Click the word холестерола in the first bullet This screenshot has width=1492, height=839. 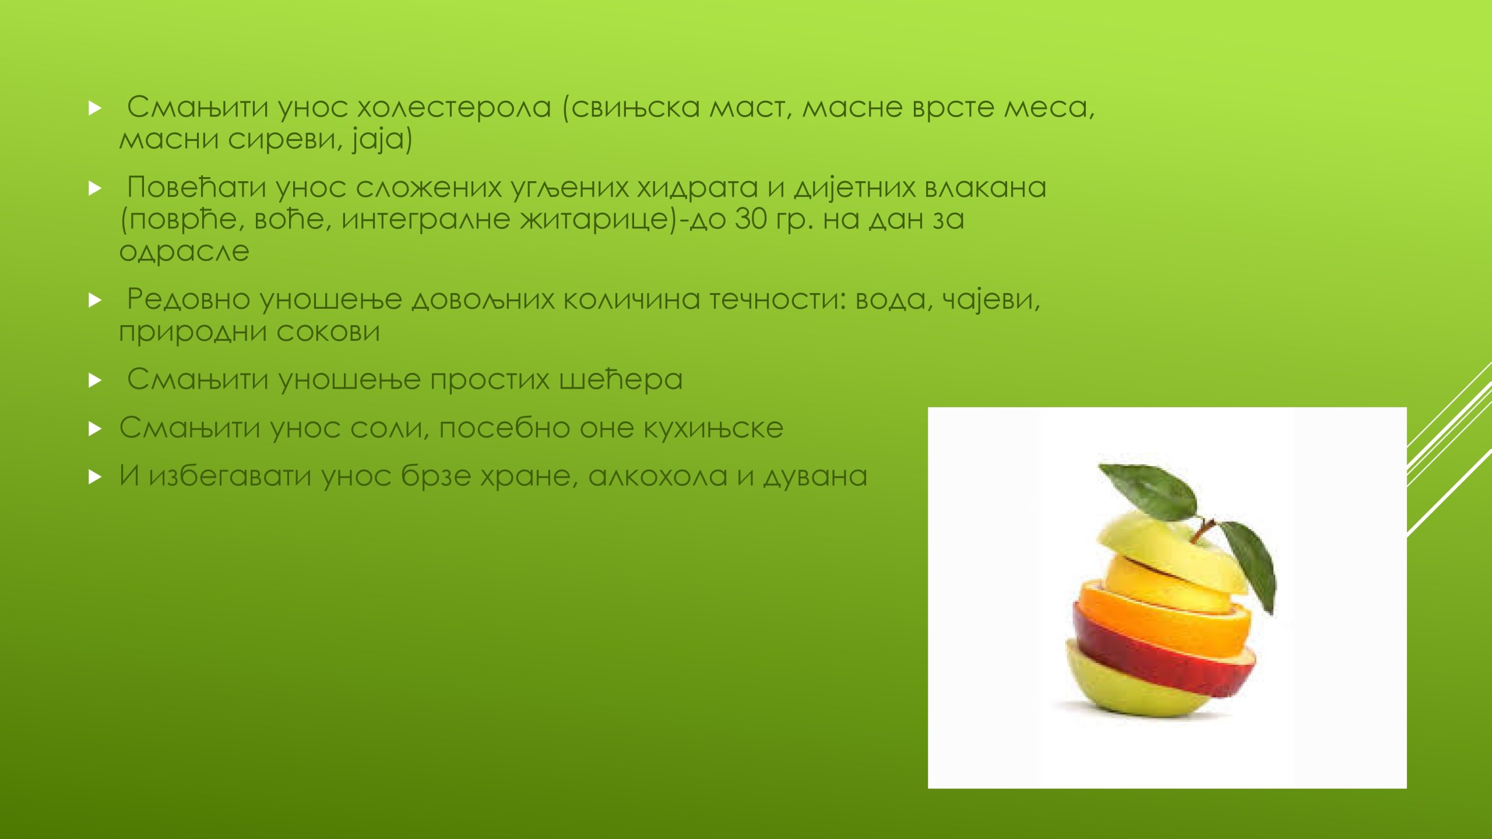454,107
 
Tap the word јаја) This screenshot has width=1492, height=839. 382,140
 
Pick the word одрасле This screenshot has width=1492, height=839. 184,252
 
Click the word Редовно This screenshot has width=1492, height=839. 188,299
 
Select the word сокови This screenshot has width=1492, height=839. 328,332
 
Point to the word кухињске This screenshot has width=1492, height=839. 713,428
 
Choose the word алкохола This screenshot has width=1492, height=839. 658,477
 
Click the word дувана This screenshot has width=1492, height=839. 815,477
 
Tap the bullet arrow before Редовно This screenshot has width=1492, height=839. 95,301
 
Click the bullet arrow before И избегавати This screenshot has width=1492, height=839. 95,478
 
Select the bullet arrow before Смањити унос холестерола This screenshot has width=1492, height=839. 95,108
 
